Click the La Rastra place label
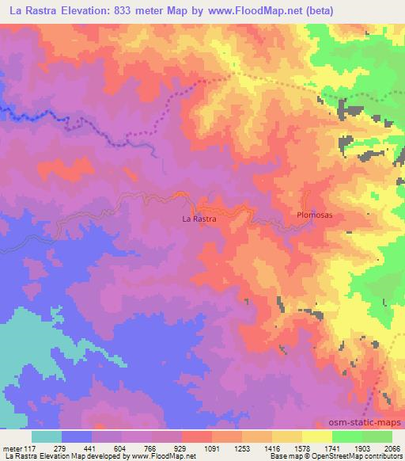(199, 217)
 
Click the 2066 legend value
(383, 448)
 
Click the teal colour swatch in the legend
(47, 436)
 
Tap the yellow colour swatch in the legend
(316, 436)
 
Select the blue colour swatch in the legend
(77, 436)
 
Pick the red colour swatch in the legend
(197, 436)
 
